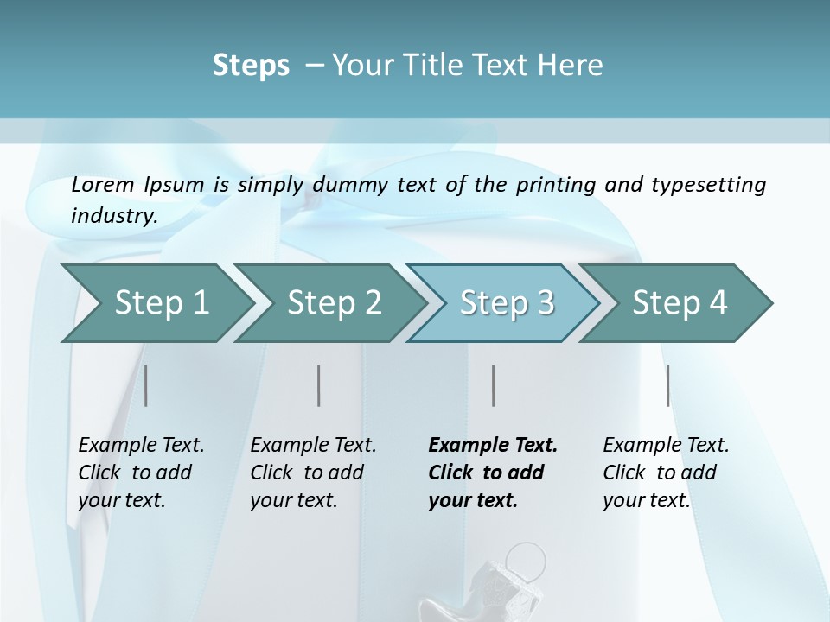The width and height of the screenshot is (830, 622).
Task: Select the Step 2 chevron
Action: [x=333, y=303]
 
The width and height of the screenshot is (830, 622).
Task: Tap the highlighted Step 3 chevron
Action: [x=506, y=303]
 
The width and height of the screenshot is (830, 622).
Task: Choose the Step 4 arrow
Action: [x=679, y=303]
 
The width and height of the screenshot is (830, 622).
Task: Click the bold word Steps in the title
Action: [x=251, y=65]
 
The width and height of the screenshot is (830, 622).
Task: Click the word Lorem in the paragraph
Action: [x=102, y=185]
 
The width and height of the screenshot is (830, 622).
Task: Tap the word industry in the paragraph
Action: [x=113, y=215]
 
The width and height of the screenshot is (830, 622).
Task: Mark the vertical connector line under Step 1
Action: [x=146, y=385]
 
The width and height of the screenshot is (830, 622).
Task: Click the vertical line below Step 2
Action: [x=319, y=385]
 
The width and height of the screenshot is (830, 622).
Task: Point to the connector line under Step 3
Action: [x=494, y=385]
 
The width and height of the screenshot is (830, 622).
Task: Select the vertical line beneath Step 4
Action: [x=668, y=385]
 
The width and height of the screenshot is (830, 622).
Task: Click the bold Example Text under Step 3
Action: [x=493, y=446]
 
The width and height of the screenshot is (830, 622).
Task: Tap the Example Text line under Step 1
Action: [x=141, y=446]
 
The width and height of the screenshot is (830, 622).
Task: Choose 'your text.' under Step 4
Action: [x=646, y=500]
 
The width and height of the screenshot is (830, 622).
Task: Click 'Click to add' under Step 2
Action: [x=307, y=473]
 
